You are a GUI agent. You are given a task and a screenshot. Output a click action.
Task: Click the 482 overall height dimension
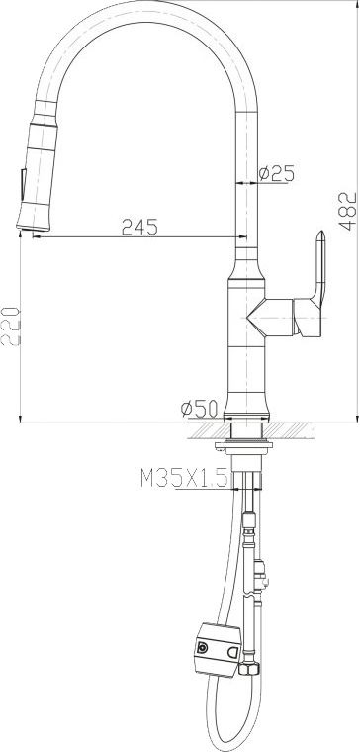pyautogui.click(x=348, y=212)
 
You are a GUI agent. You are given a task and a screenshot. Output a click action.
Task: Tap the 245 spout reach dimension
pyautogui.click(x=139, y=227)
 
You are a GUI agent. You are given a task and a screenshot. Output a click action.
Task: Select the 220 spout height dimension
pyautogui.click(x=11, y=327)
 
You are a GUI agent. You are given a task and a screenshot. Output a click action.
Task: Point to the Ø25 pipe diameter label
pyautogui.click(x=276, y=173)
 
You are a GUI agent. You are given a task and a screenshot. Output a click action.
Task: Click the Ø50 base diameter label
pyautogui.click(x=199, y=409)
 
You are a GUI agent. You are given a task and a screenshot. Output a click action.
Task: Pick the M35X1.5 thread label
pyautogui.click(x=184, y=478)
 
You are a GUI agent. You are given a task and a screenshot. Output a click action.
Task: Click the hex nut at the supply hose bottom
pyautogui.click(x=250, y=669)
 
